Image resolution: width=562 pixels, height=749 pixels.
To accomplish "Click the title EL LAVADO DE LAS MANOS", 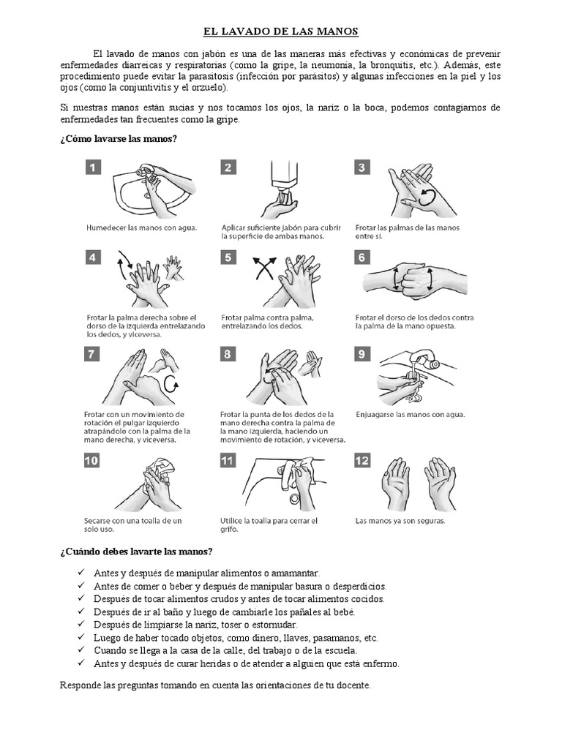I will (x=281, y=32).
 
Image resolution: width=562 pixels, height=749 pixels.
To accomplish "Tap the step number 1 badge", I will (x=93, y=168).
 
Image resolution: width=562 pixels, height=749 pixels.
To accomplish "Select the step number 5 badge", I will (x=228, y=257).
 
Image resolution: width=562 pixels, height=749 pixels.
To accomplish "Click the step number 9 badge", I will (x=362, y=354).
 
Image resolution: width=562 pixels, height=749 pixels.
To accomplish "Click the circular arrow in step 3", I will (x=426, y=196).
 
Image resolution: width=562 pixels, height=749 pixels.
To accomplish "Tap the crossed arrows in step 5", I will (x=263, y=268).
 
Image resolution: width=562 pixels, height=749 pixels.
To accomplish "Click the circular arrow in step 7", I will (x=172, y=384).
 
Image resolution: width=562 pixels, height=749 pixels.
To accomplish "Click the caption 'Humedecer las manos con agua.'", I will (x=141, y=227).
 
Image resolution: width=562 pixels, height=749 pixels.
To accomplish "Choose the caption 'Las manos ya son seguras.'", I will (x=400, y=522).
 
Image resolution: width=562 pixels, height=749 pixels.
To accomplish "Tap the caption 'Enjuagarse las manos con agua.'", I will (x=410, y=414).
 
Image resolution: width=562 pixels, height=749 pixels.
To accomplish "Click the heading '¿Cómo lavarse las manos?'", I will (x=118, y=139).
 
